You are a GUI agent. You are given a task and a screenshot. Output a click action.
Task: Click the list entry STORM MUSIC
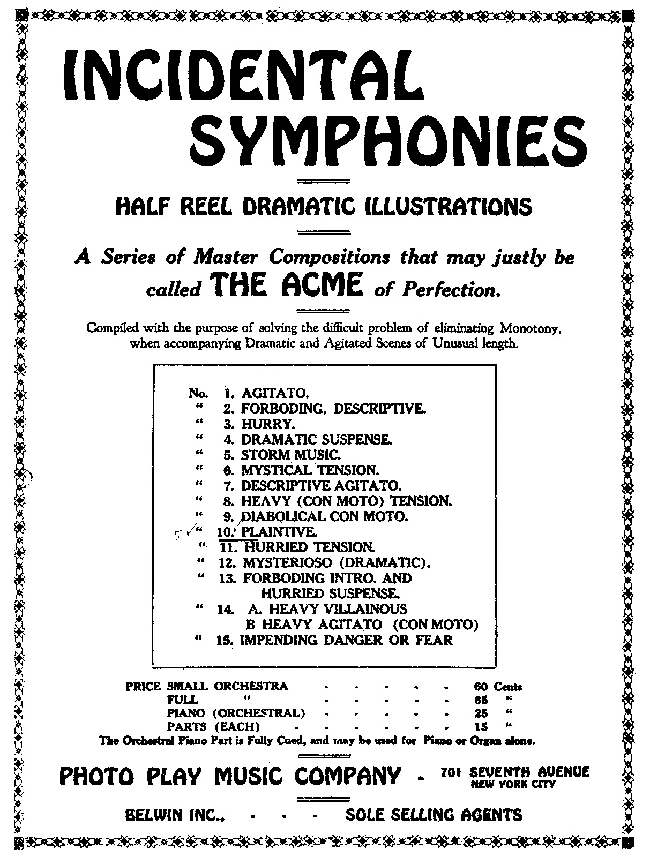tap(290, 455)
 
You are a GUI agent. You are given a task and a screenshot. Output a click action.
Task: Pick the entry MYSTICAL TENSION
tap(310, 471)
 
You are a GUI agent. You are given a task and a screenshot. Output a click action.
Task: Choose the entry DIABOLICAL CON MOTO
tap(324, 517)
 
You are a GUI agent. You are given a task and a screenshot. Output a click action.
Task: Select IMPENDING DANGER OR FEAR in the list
tap(346, 640)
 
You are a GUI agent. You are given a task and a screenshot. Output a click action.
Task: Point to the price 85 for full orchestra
tap(481, 700)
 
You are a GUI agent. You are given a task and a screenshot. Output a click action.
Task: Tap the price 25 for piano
tap(481, 713)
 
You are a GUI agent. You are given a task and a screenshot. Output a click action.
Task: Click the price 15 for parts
tap(481, 727)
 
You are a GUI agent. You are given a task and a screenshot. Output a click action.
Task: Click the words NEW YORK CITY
tap(513, 784)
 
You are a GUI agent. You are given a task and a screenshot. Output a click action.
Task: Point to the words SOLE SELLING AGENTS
tap(434, 815)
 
